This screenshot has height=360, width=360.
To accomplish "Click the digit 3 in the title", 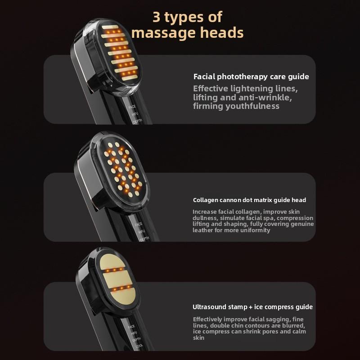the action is pyautogui.click(x=156, y=17).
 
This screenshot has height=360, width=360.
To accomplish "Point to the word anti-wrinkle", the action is pyautogui.click(x=265, y=97).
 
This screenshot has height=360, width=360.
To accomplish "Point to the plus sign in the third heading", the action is pyautogui.click(x=250, y=307).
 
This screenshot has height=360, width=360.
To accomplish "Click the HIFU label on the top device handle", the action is pyautogui.click(x=135, y=114).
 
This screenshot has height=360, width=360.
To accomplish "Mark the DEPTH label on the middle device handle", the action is pyautogui.click(x=144, y=239).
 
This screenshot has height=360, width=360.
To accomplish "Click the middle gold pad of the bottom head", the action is pyautogui.click(x=117, y=279).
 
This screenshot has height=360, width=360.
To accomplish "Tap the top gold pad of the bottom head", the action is pyautogui.click(x=112, y=261).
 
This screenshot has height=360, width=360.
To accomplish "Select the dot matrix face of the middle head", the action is pyautogui.click(x=123, y=170).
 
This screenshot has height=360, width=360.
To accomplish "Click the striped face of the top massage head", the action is pyautogui.click(x=119, y=53).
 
